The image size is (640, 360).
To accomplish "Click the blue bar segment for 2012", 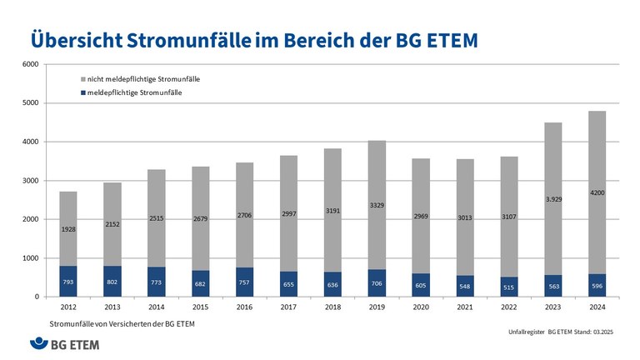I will tap(69, 281).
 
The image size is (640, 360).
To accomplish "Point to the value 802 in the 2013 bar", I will tap(113, 282).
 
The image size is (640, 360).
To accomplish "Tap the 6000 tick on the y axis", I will tap(30, 64).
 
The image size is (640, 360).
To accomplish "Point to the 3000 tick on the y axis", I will tap(30, 181).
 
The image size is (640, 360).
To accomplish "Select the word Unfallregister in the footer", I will tap(526, 332).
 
